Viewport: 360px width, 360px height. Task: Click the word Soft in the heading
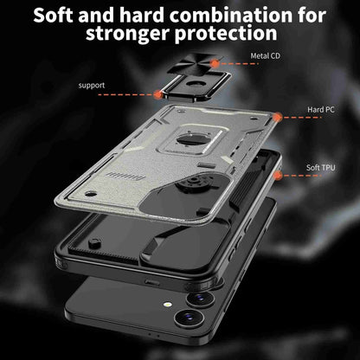53,15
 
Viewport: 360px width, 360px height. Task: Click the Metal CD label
265,55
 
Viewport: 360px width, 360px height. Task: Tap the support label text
92,86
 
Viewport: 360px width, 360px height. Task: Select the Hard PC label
321,110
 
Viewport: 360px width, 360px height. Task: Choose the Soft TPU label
321,167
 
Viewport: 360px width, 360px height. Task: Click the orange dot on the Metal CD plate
215,63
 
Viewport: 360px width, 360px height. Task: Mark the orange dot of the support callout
158,94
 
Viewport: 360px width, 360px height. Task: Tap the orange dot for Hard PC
277,118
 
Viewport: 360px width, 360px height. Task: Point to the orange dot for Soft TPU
278,175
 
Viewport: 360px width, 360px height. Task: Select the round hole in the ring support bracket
196,84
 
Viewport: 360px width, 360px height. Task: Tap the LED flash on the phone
167,305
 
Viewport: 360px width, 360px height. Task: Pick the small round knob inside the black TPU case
94,244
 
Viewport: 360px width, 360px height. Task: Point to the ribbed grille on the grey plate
125,176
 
